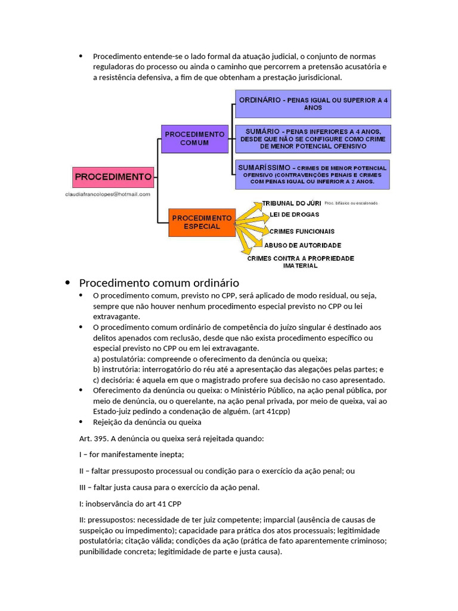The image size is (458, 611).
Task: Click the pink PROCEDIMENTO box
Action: point(113,177)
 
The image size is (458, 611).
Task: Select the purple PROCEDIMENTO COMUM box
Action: point(195,138)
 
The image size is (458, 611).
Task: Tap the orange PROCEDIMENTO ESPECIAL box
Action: point(202,222)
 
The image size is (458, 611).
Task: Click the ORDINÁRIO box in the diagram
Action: point(312,104)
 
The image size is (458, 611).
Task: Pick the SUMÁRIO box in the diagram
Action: point(312,138)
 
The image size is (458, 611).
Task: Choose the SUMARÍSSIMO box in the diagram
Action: point(312,174)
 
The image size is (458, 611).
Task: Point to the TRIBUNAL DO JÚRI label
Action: point(291,203)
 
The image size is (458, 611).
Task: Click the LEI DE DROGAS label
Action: point(294,214)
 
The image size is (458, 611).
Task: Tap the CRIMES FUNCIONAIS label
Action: point(302,231)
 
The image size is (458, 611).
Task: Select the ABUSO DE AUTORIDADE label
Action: point(302,245)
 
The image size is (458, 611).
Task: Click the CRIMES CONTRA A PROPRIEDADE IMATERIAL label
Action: point(301,262)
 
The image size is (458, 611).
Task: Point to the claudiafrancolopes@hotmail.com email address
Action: point(108,194)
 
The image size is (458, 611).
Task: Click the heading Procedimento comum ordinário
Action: point(159,283)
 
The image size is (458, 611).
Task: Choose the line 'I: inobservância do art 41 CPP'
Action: point(130,503)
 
